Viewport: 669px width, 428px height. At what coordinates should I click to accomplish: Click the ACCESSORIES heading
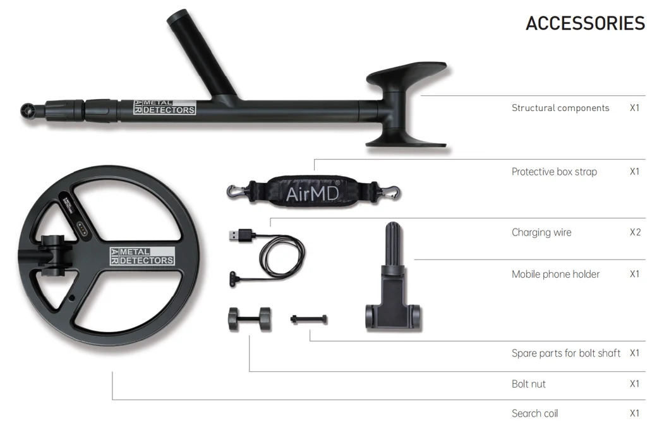point(585,23)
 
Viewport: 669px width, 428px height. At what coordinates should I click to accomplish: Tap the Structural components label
point(560,109)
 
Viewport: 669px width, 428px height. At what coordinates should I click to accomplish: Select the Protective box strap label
point(554,172)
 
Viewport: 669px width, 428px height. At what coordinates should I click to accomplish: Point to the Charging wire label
point(541,232)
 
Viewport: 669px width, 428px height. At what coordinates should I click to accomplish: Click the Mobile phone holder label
point(555,274)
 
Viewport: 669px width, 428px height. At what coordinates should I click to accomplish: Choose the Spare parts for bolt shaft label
point(566,353)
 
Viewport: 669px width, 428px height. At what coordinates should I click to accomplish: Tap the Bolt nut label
point(529,384)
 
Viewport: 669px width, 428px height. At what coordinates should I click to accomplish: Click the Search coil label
point(534,413)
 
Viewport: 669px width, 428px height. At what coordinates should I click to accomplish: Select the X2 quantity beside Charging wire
point(635,232)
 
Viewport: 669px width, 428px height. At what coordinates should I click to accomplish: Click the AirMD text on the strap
point(313,194)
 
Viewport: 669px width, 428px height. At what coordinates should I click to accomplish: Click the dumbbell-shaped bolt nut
point(250,319)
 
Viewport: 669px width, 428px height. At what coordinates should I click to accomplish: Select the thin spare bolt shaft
point(309,319)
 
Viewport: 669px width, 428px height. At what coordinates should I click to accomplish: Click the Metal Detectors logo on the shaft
point(165,107)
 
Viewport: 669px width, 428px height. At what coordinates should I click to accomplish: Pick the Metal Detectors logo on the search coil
point(142,256)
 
